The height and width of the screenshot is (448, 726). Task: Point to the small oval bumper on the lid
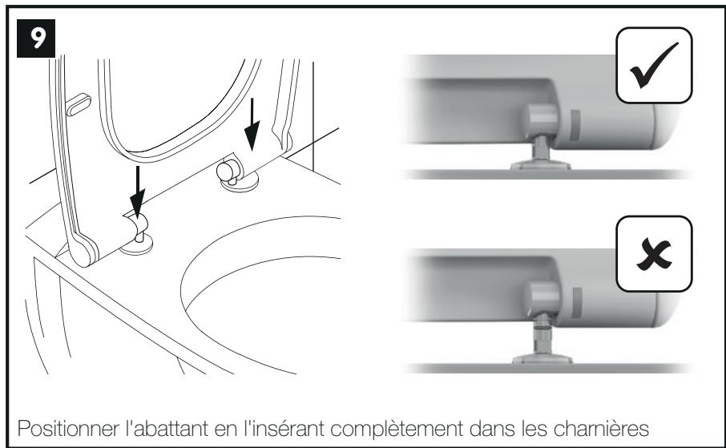pos(79,104)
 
